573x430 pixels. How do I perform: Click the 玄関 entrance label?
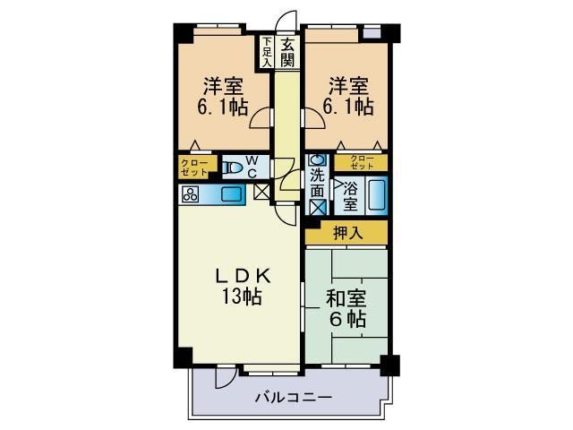pos(286,52)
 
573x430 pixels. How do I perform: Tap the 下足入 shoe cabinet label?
pos(266,51)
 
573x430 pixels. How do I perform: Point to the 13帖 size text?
pos(237,297)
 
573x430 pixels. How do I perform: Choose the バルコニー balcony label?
pos(293,397)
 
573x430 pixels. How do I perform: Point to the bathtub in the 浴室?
pos(376,194)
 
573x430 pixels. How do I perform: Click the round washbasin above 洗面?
pos(317,161)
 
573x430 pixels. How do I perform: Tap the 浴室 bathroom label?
pos(351,195)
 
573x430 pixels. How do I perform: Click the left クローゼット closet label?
pos(194,167)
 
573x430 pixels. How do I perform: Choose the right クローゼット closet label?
pos(362,162)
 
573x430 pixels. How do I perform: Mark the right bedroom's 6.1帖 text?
pos(347,107)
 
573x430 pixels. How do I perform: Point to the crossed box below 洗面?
pos(317,205)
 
